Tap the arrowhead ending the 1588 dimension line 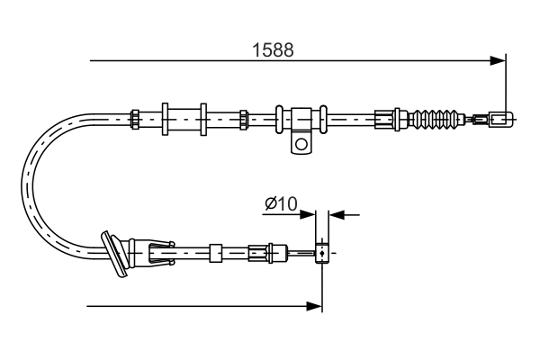tap(498, 61)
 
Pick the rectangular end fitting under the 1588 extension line tap(501, 117)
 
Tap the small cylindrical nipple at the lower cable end tap(320, 254)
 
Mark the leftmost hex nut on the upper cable tap(135, 117)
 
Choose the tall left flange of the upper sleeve tap(166, 117)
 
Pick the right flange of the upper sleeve tap(204, 117)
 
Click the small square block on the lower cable tap(215, 254)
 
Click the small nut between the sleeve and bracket tap(244, 117)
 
